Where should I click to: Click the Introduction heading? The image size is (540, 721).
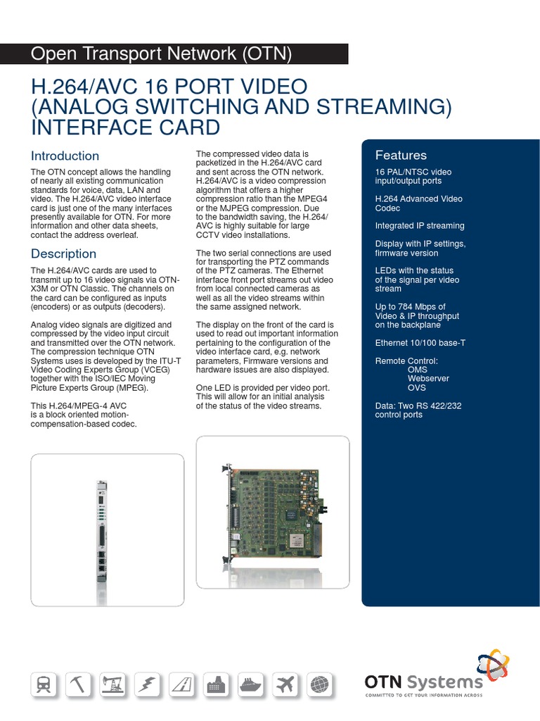(65, 156)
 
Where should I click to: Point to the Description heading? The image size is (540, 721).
(63, 253)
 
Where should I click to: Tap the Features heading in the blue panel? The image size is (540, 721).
(401, 155)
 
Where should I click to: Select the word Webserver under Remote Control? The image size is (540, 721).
(428, 379)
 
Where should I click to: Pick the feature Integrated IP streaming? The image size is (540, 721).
(420, 226)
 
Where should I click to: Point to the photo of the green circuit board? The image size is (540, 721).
(272, 513)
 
